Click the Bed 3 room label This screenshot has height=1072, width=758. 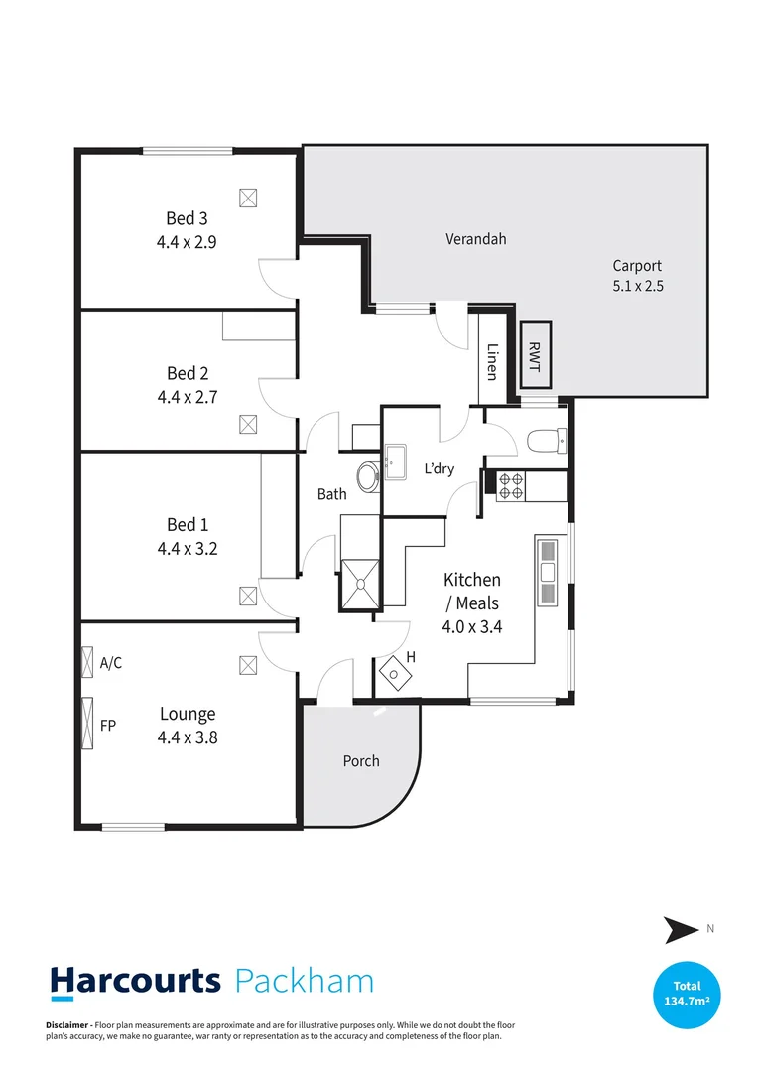pyautogui.click(x=187, y=218)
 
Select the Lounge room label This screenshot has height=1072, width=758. pyautogui.click(x=188, y=714)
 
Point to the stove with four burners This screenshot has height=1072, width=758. pyautogui.click(x=510, y=485)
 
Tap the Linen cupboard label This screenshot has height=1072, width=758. pyautogui.click(x=492, y=361)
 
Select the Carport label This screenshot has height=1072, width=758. pyautogui.click(x=636, y=265)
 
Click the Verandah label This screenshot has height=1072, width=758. pyautogui.click(x=475, y=239)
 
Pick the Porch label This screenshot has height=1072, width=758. pyautogui.click(x=361, y=761)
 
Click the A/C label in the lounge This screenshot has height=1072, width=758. pyautogui.click(x=111, y=663)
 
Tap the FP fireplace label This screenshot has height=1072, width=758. pyautogui.click(x=108, y=726)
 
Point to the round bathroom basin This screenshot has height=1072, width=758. pyautogui.click(x=367, y=474)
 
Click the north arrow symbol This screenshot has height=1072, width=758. pyautogui.click(x=681, y=930)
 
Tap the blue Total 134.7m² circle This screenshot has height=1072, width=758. pyautogui.click(x=687, y=994)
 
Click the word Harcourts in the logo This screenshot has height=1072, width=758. pyautogui.click(x=136, y=982)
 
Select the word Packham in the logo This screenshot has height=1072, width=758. pyautogui.click(x=305, y=982)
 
